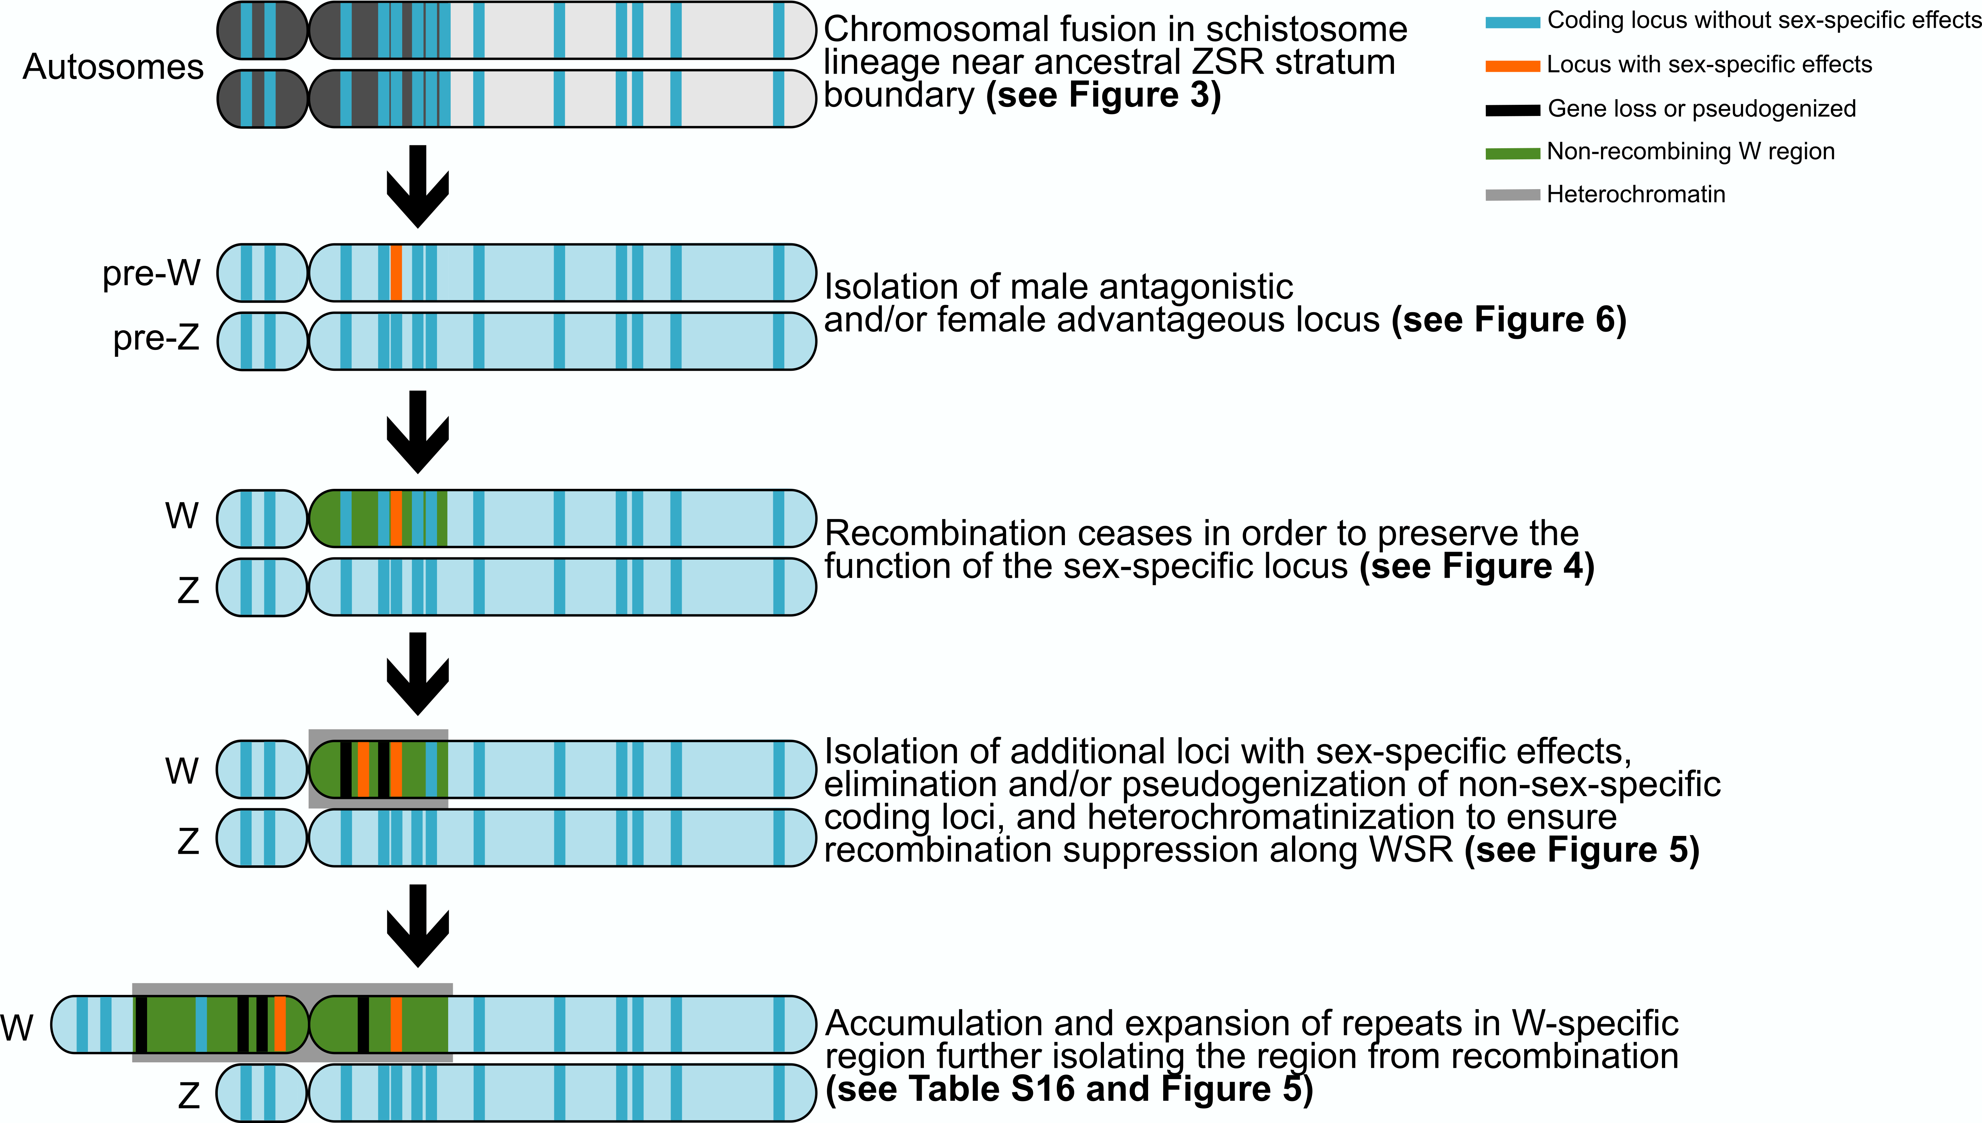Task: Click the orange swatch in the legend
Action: pos(1512,66)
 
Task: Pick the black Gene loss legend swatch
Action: pos(1512,110)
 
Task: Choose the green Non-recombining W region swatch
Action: pos(1512,154)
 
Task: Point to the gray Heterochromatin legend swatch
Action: pos(1512,196)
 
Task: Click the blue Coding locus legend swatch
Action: pos(1512,22)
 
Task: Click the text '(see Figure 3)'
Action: pos(1103,95)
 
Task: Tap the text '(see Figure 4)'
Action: pos(1476,567)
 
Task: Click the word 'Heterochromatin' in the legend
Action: pos(1636,195)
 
